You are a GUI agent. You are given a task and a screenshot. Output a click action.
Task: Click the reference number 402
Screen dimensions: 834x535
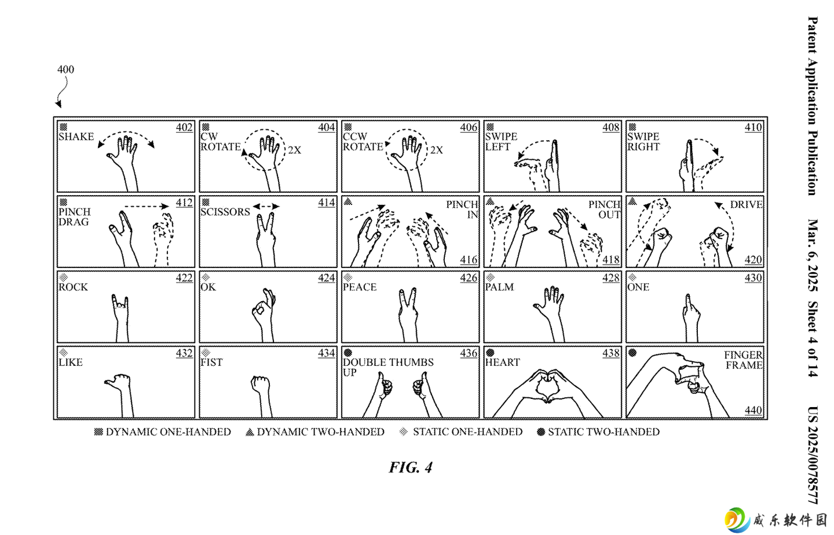tap(184, 127)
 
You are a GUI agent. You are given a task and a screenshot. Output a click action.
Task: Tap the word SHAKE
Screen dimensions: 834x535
tap(76, 137)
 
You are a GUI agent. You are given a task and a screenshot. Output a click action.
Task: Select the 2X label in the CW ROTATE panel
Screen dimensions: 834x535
tap(294, 150)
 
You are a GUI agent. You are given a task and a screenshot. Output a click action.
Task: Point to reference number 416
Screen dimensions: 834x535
tap(469, 259)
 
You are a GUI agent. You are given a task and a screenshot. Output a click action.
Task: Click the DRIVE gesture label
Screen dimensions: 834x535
tap(746, 204)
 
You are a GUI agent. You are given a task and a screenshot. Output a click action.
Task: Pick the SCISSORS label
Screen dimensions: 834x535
tap(225, 212)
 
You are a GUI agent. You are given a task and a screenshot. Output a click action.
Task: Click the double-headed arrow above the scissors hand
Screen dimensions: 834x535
tap(266, 207)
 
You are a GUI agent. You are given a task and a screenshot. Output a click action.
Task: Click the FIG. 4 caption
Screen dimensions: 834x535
tap(411, 467)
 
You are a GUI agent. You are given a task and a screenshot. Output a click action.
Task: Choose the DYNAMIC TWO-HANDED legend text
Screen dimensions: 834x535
tap(321, 432)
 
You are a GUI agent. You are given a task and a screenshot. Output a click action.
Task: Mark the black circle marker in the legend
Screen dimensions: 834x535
tap(541, 432)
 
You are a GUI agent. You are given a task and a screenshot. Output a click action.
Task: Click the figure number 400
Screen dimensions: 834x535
tap(65, 69)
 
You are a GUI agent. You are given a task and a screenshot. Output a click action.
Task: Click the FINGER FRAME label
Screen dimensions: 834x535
tap(744, 360)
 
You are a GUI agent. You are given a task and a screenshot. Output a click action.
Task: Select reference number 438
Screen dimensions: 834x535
tap(611, 353)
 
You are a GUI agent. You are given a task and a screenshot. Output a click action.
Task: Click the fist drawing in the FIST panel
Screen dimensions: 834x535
tap(261, 384)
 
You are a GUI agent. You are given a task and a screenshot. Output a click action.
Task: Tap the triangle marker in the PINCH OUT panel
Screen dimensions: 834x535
tap(490, 201)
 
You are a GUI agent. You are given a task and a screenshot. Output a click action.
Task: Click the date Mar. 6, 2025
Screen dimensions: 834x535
tap(813, 255)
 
